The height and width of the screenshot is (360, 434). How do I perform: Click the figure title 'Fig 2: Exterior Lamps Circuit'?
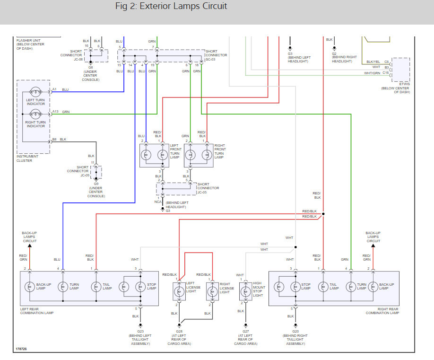pyautogui.click(x=171, y=6)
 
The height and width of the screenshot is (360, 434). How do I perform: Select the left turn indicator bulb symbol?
pyautogui.click(x=35, y=92)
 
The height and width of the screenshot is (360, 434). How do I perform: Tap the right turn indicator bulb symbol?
pyautogui.click(x=35, y=114)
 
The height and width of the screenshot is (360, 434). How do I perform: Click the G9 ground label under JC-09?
pyautogui.click(x=96, y=184)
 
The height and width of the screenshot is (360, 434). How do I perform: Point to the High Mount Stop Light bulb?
pyautogui.click(x=245, y=291)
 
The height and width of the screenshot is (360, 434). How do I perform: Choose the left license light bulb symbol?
pyautogui.click(x=179, y=291)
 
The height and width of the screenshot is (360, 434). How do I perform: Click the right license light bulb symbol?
pyautogui.click(x=212, y=291)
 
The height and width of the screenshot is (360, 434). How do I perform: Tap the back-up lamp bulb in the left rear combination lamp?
pyautogui.click(x=30, y=287)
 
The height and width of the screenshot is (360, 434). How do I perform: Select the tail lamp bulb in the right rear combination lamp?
pyautogui.click(x=323, y=287)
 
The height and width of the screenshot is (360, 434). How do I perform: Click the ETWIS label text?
pyautogui.click(x=404, y=84)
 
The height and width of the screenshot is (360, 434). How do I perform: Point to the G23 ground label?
pyautogui.click(x=140, y=331)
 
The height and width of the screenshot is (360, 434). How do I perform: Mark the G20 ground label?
pyautogui.click(x=295, y=331)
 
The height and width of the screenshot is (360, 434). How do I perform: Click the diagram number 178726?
pyautogui.click(x=21, y=349)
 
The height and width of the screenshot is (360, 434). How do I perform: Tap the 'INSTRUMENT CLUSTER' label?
pyautogui.click(x=27, y=158)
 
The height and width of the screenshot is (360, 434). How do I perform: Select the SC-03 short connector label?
pyautogui.click(x=210, y=59)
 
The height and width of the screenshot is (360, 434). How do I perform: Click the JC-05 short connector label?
pyautogui.click(x=202, y=192)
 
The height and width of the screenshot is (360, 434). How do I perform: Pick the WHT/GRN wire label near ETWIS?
pyautogui.click(x=372, y=73)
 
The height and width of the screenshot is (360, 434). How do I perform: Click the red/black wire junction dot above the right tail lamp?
pyautogui.click(x=323, y=214)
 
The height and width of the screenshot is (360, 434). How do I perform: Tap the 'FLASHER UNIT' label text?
pyautogui.click(x=28, y=40)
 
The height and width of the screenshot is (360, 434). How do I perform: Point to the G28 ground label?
pyautogui.click(x=179, y=331)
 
